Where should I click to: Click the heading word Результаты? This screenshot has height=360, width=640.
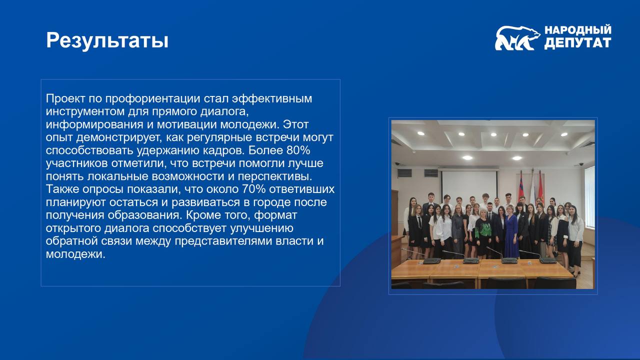[x=107, y=40]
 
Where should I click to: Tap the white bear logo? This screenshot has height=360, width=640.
[x=517, y=38]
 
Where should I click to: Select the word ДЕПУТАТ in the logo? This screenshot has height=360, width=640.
[x=577, y=43]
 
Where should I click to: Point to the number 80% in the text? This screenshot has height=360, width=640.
[x=298, y=150]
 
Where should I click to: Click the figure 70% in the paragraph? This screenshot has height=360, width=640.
[x=253, y=189]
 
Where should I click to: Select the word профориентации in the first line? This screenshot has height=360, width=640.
[x=152, y=99]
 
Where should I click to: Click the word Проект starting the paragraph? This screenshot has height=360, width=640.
[x=65, y=99]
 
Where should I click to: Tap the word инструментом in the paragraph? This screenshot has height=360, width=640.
[x=85, y=111]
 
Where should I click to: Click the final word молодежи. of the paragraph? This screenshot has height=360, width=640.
[x=75, y=254]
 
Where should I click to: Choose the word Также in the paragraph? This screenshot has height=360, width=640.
[x=62, y=189]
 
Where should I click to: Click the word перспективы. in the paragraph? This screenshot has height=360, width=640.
[x=275, y=176]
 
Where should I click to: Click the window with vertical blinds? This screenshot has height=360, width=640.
[x=589, y=196]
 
